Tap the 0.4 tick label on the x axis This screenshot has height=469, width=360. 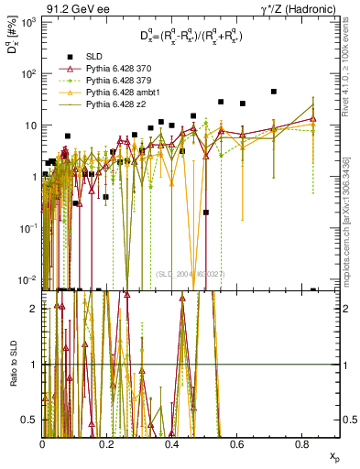(172, 444)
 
